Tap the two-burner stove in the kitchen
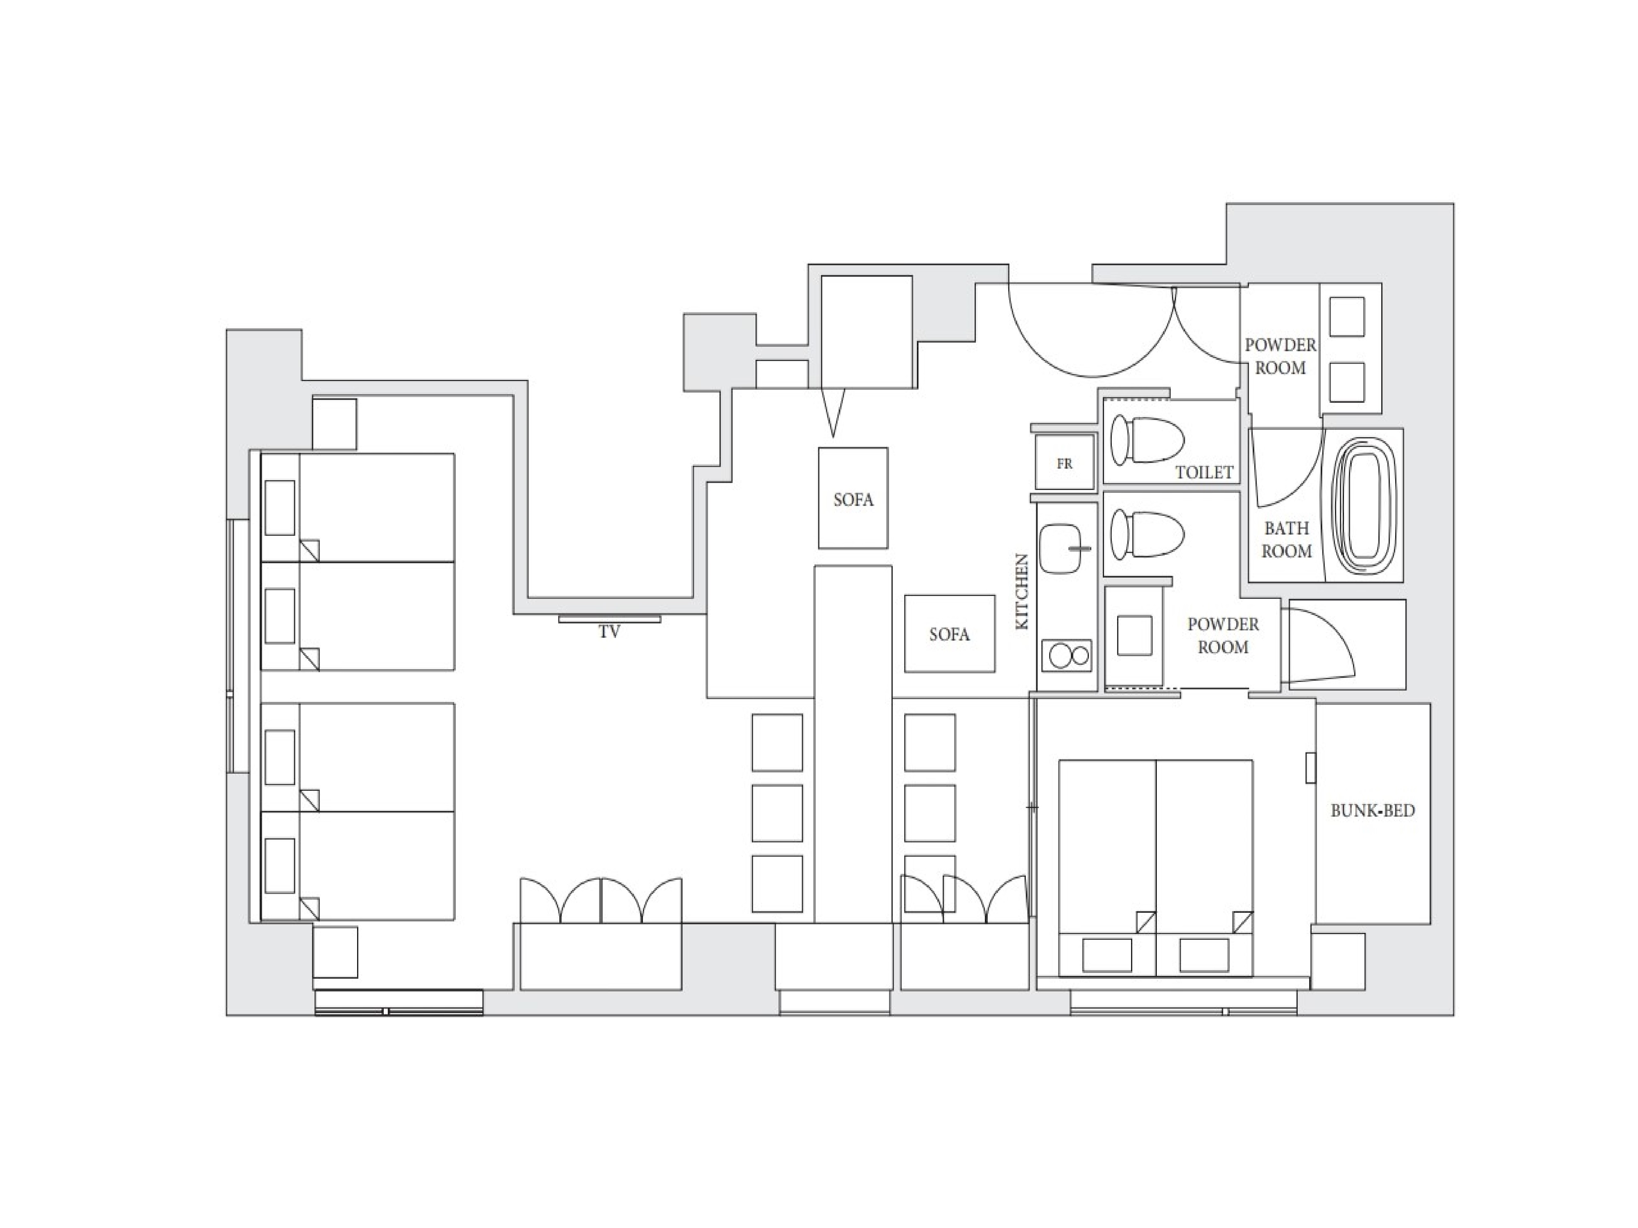click(x=1066, y=655)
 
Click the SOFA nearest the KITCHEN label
click(x=949, y=634)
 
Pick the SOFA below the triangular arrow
click(x=853, y=498)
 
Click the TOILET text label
click(x=1204, y=472)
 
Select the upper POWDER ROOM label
click(x=1281, y=356)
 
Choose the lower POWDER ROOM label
click(x=1223, y=635)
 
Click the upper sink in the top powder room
click(x=1347, y=317)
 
